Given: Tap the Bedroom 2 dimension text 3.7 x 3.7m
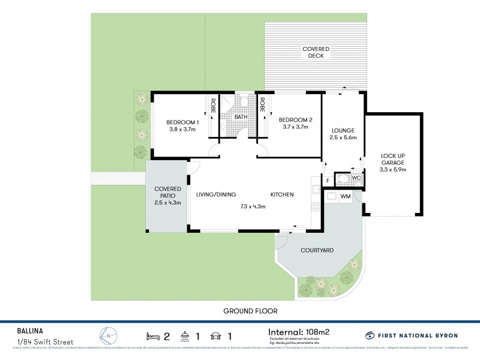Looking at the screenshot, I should click(x=293, y=127).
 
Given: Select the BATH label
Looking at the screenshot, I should click(x=241, y=117).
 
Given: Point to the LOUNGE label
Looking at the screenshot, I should click(x=343, y=130).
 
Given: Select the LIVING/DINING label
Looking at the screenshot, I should click(x=216, y=194).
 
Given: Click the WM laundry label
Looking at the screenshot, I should click(x=346, y=196).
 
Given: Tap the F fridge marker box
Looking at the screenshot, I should click(x=328, y=180).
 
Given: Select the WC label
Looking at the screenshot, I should click(x=356, y=178).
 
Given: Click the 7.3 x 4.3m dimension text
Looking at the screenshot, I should click(x=252, y=207).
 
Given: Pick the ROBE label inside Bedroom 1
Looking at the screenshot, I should click(x=212, y=106).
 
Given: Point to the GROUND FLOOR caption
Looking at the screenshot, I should click(x=250, y=311).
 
